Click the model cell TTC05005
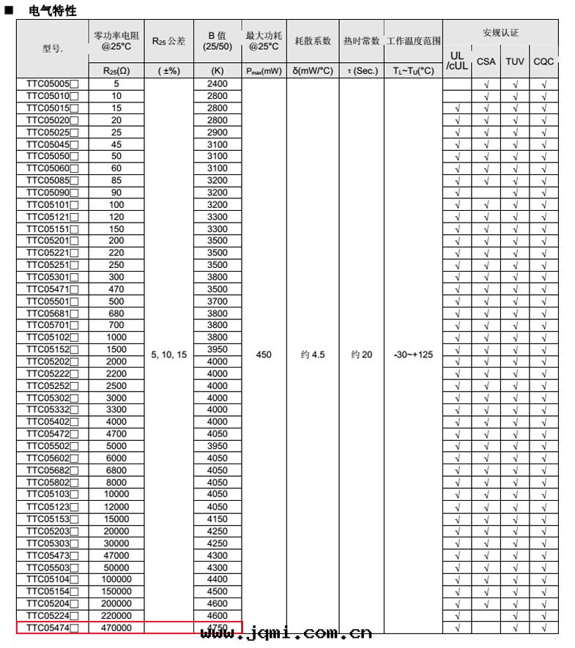click(52, 84)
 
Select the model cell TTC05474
click(52, 627)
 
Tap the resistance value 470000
click(116, 627)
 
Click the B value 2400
click(218, 84)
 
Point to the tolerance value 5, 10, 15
click(168, 354)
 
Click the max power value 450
click(264, 354)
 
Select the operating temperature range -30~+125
click(412, 354)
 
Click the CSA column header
click(486, 62)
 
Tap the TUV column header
click(515, 62)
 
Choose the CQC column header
click(544, 62)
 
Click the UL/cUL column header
click(457, 61)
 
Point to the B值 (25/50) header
click(218, 41)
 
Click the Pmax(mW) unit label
click(264, 71)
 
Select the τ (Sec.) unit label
click(361, 71)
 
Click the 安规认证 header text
click(500, 33)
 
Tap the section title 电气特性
click(52, 12)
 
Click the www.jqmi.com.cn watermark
click(286, 633)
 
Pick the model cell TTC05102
click(52, 338)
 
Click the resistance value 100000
click(116, 579)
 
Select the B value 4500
click(218, 592)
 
